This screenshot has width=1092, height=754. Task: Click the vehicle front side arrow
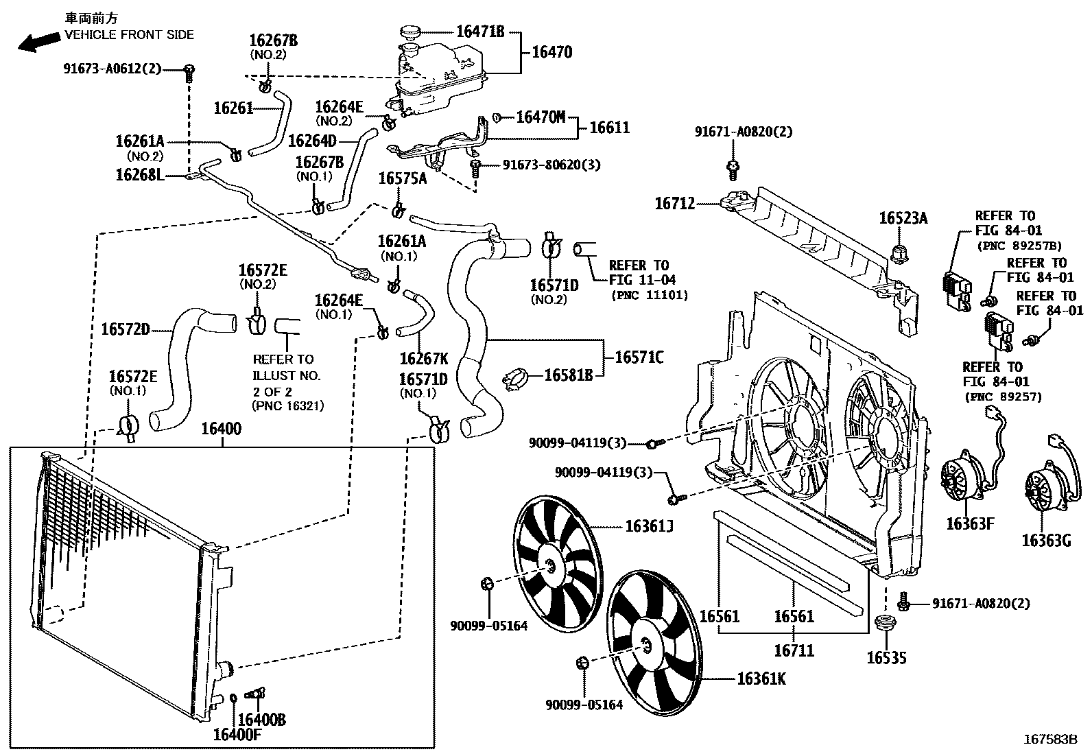click(x=37, y=43)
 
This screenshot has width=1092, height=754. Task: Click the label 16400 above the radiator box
click(x=221, y=429)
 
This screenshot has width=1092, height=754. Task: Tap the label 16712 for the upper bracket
click(x=674, y=204)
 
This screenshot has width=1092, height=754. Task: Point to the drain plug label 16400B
click(x=263, y=720)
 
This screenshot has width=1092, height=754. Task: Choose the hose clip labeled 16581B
click(x=519, y=376)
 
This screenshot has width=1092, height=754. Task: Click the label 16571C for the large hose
click(x=639, y=357)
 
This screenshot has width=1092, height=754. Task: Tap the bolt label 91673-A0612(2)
click(x=112, y=69)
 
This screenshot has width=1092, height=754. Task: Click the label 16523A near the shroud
click(x=903, y=218)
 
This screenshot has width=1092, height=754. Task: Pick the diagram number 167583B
click(x=1050, y=739)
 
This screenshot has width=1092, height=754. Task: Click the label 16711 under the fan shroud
click(x=794, y=649)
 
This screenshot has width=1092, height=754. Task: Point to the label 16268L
click(x=140, y=176)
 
